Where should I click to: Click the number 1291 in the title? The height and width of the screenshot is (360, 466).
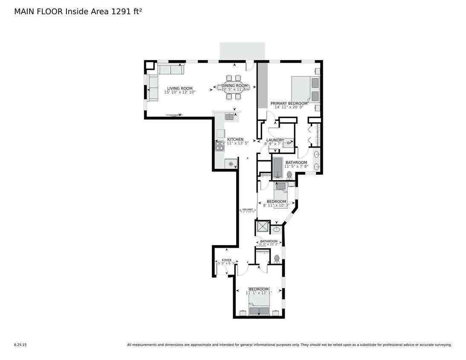pos(121,12)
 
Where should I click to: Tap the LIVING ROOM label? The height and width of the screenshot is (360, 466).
pos(179,88)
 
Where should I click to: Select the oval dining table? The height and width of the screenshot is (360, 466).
pos(234,87)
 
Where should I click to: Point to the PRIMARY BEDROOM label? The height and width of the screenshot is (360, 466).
pos(289,103)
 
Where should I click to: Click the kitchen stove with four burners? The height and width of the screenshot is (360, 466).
pos(220,146)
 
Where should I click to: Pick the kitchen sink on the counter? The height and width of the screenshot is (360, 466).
pos(229,116)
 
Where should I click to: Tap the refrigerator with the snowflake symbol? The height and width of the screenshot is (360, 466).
pos(231,164)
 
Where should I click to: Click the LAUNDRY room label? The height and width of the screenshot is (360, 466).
pos(275,140)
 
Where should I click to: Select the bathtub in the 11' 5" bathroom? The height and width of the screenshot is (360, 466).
pos(278,168)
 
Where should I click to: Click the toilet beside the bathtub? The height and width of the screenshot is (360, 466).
pos(289,174)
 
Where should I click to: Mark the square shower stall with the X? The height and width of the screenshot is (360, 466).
pos(262,227)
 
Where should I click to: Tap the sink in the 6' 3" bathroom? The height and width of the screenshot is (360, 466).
pos(276,229)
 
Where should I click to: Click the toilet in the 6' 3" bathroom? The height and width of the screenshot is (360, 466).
pos(277,258)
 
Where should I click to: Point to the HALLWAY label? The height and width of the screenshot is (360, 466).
pos(248,209)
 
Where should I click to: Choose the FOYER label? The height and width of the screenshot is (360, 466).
pos(226,260)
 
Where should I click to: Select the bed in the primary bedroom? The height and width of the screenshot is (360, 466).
pos(306,89)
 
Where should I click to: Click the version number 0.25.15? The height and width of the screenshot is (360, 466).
pos(20,345)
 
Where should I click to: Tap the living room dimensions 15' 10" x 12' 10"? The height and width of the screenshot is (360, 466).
pos(179,92)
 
